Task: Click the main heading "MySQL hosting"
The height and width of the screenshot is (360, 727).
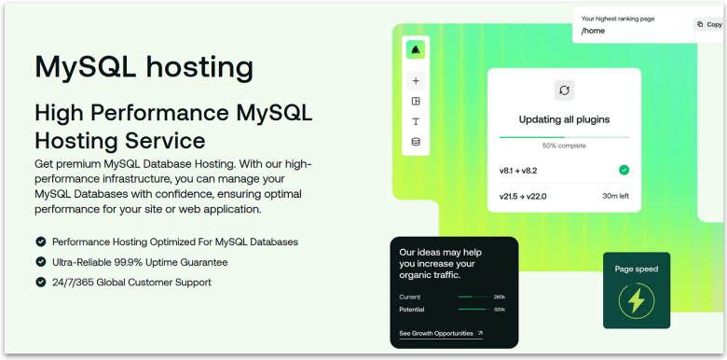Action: point(144,67)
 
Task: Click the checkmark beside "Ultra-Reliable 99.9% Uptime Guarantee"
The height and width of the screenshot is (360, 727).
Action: point(40,262)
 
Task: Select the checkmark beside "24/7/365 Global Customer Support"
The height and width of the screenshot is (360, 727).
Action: point(40,282)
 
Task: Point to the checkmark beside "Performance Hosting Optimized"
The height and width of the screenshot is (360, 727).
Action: point(40,242)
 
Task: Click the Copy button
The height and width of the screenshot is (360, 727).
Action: point(708,24)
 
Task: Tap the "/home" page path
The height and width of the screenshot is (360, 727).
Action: point(593,31)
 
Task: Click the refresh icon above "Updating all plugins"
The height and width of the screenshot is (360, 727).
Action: point(564,90)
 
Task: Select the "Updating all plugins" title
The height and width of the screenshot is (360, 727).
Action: point(564,120)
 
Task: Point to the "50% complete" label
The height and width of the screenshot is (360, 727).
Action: point(564,145)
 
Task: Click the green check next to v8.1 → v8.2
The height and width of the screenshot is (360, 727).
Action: point(624,170)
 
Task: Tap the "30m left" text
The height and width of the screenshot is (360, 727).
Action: point(615,196)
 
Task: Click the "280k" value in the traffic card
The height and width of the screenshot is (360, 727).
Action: point(499,297)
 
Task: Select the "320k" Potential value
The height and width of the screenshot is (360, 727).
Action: point(499,309)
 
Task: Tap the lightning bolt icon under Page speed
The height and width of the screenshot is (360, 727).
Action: point(637,300)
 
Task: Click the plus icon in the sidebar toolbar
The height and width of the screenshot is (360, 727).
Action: point(416,81)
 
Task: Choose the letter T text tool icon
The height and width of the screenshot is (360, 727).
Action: point(416,121)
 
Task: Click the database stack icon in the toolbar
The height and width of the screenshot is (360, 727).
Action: point(416,142)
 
